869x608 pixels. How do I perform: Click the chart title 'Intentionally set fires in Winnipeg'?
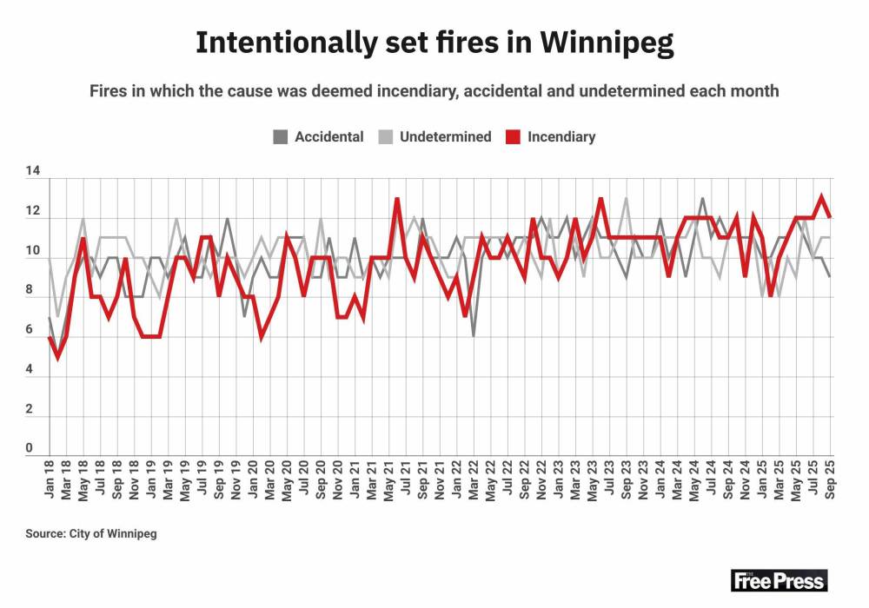pos(434,43)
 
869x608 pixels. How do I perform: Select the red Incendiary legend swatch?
pos(513,136)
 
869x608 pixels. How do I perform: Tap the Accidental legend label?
pos(329,136)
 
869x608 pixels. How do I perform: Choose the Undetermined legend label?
pos(446,136)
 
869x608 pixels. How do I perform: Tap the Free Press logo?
pos(779,580)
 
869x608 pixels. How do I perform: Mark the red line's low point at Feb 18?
pos(57,356)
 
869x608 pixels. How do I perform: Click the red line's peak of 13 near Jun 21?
pos(397,199)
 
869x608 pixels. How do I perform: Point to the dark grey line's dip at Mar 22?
pos(474,336)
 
